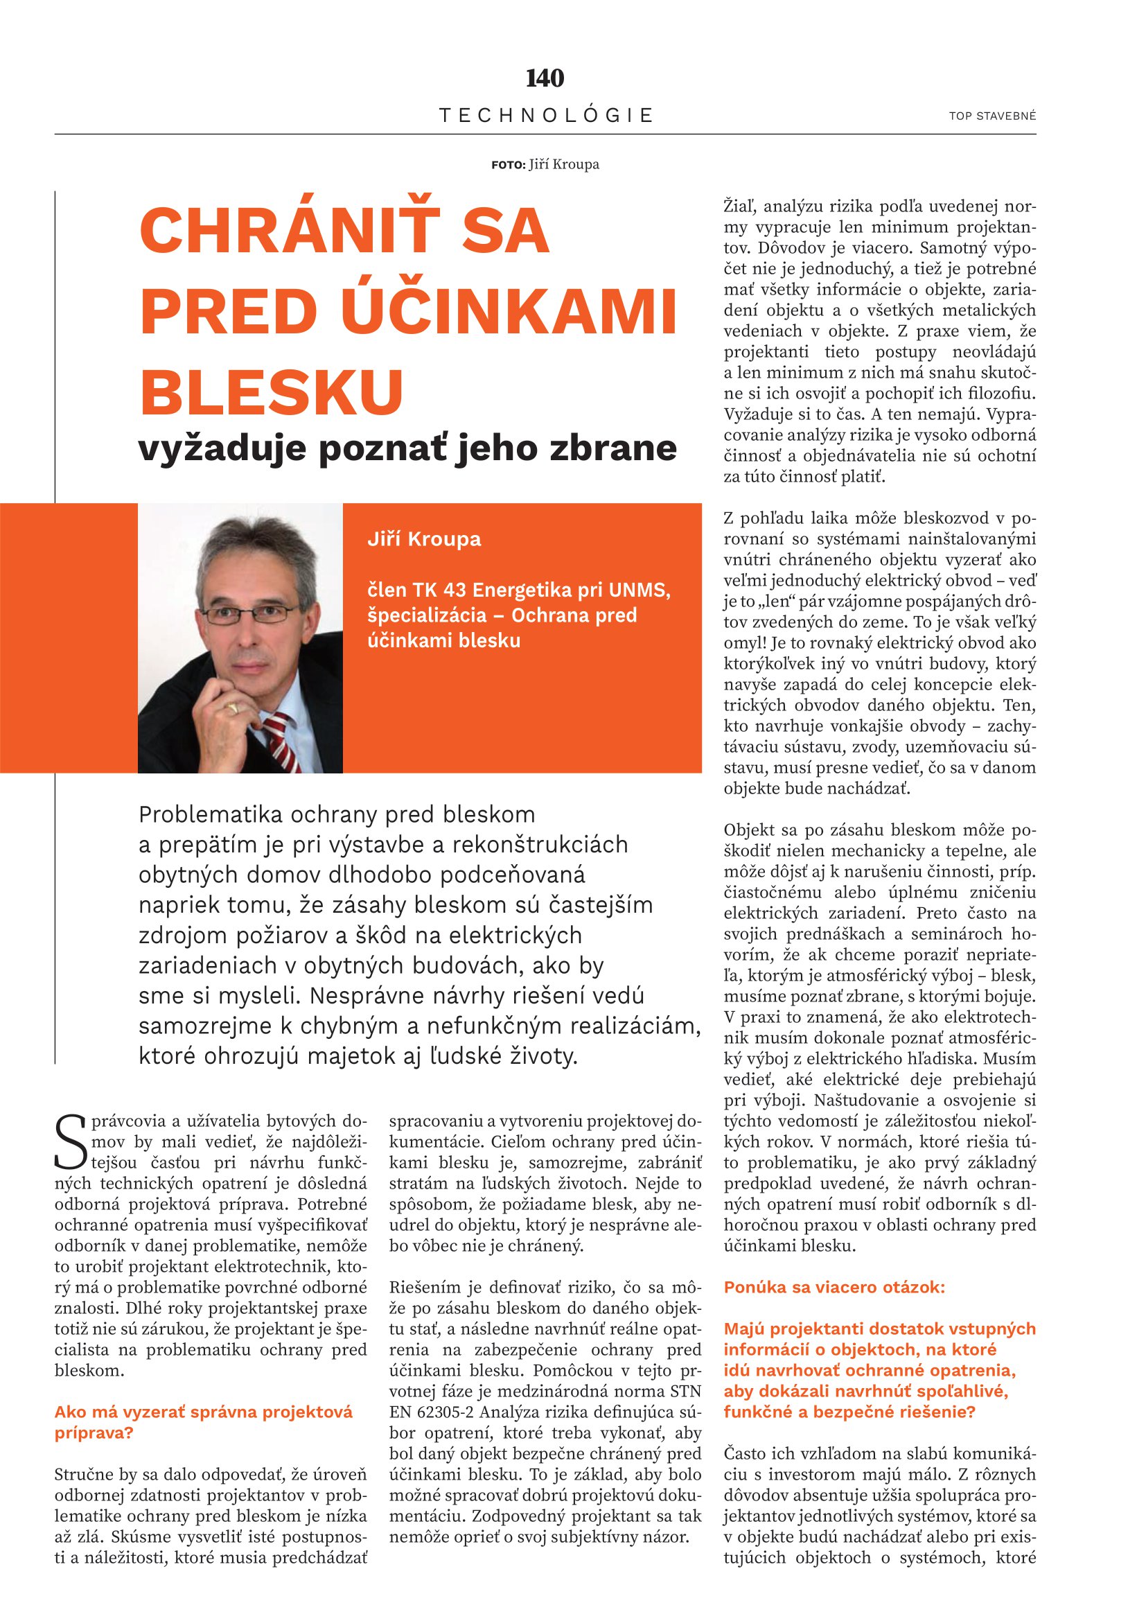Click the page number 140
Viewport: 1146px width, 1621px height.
click(545, 78)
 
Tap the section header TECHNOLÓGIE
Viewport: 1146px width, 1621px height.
click(546, 115)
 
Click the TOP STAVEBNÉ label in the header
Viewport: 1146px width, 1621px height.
click(992, 116)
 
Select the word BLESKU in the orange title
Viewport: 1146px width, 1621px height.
click(272, 392)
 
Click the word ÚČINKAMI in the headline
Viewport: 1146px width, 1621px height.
click(509, 311)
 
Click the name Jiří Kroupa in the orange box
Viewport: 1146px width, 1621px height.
click(424, 538)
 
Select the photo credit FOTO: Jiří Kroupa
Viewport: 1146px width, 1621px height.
click(545, 164)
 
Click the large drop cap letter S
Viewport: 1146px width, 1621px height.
click(70, 1141)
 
